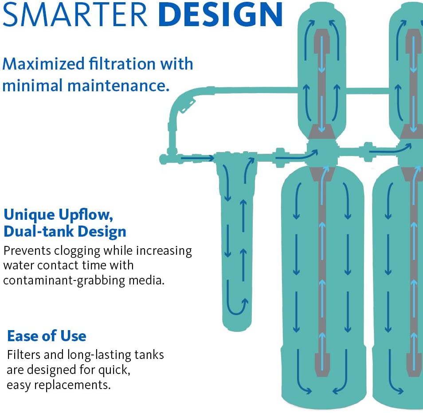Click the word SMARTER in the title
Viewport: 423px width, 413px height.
click(x=75, y=14)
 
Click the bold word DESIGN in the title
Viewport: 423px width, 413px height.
click(x=220, y=14)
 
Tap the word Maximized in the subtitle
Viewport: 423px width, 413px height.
click(x=43, y=64)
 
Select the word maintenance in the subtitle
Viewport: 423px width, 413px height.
click(x=118, y=86)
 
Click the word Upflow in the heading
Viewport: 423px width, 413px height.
click(x=86, y=215)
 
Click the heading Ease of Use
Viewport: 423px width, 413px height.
click(x=47, y=336)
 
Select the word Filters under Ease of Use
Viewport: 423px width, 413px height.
click(x=24, y=355)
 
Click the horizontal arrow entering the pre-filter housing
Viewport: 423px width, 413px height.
click(x=197, y=158)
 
